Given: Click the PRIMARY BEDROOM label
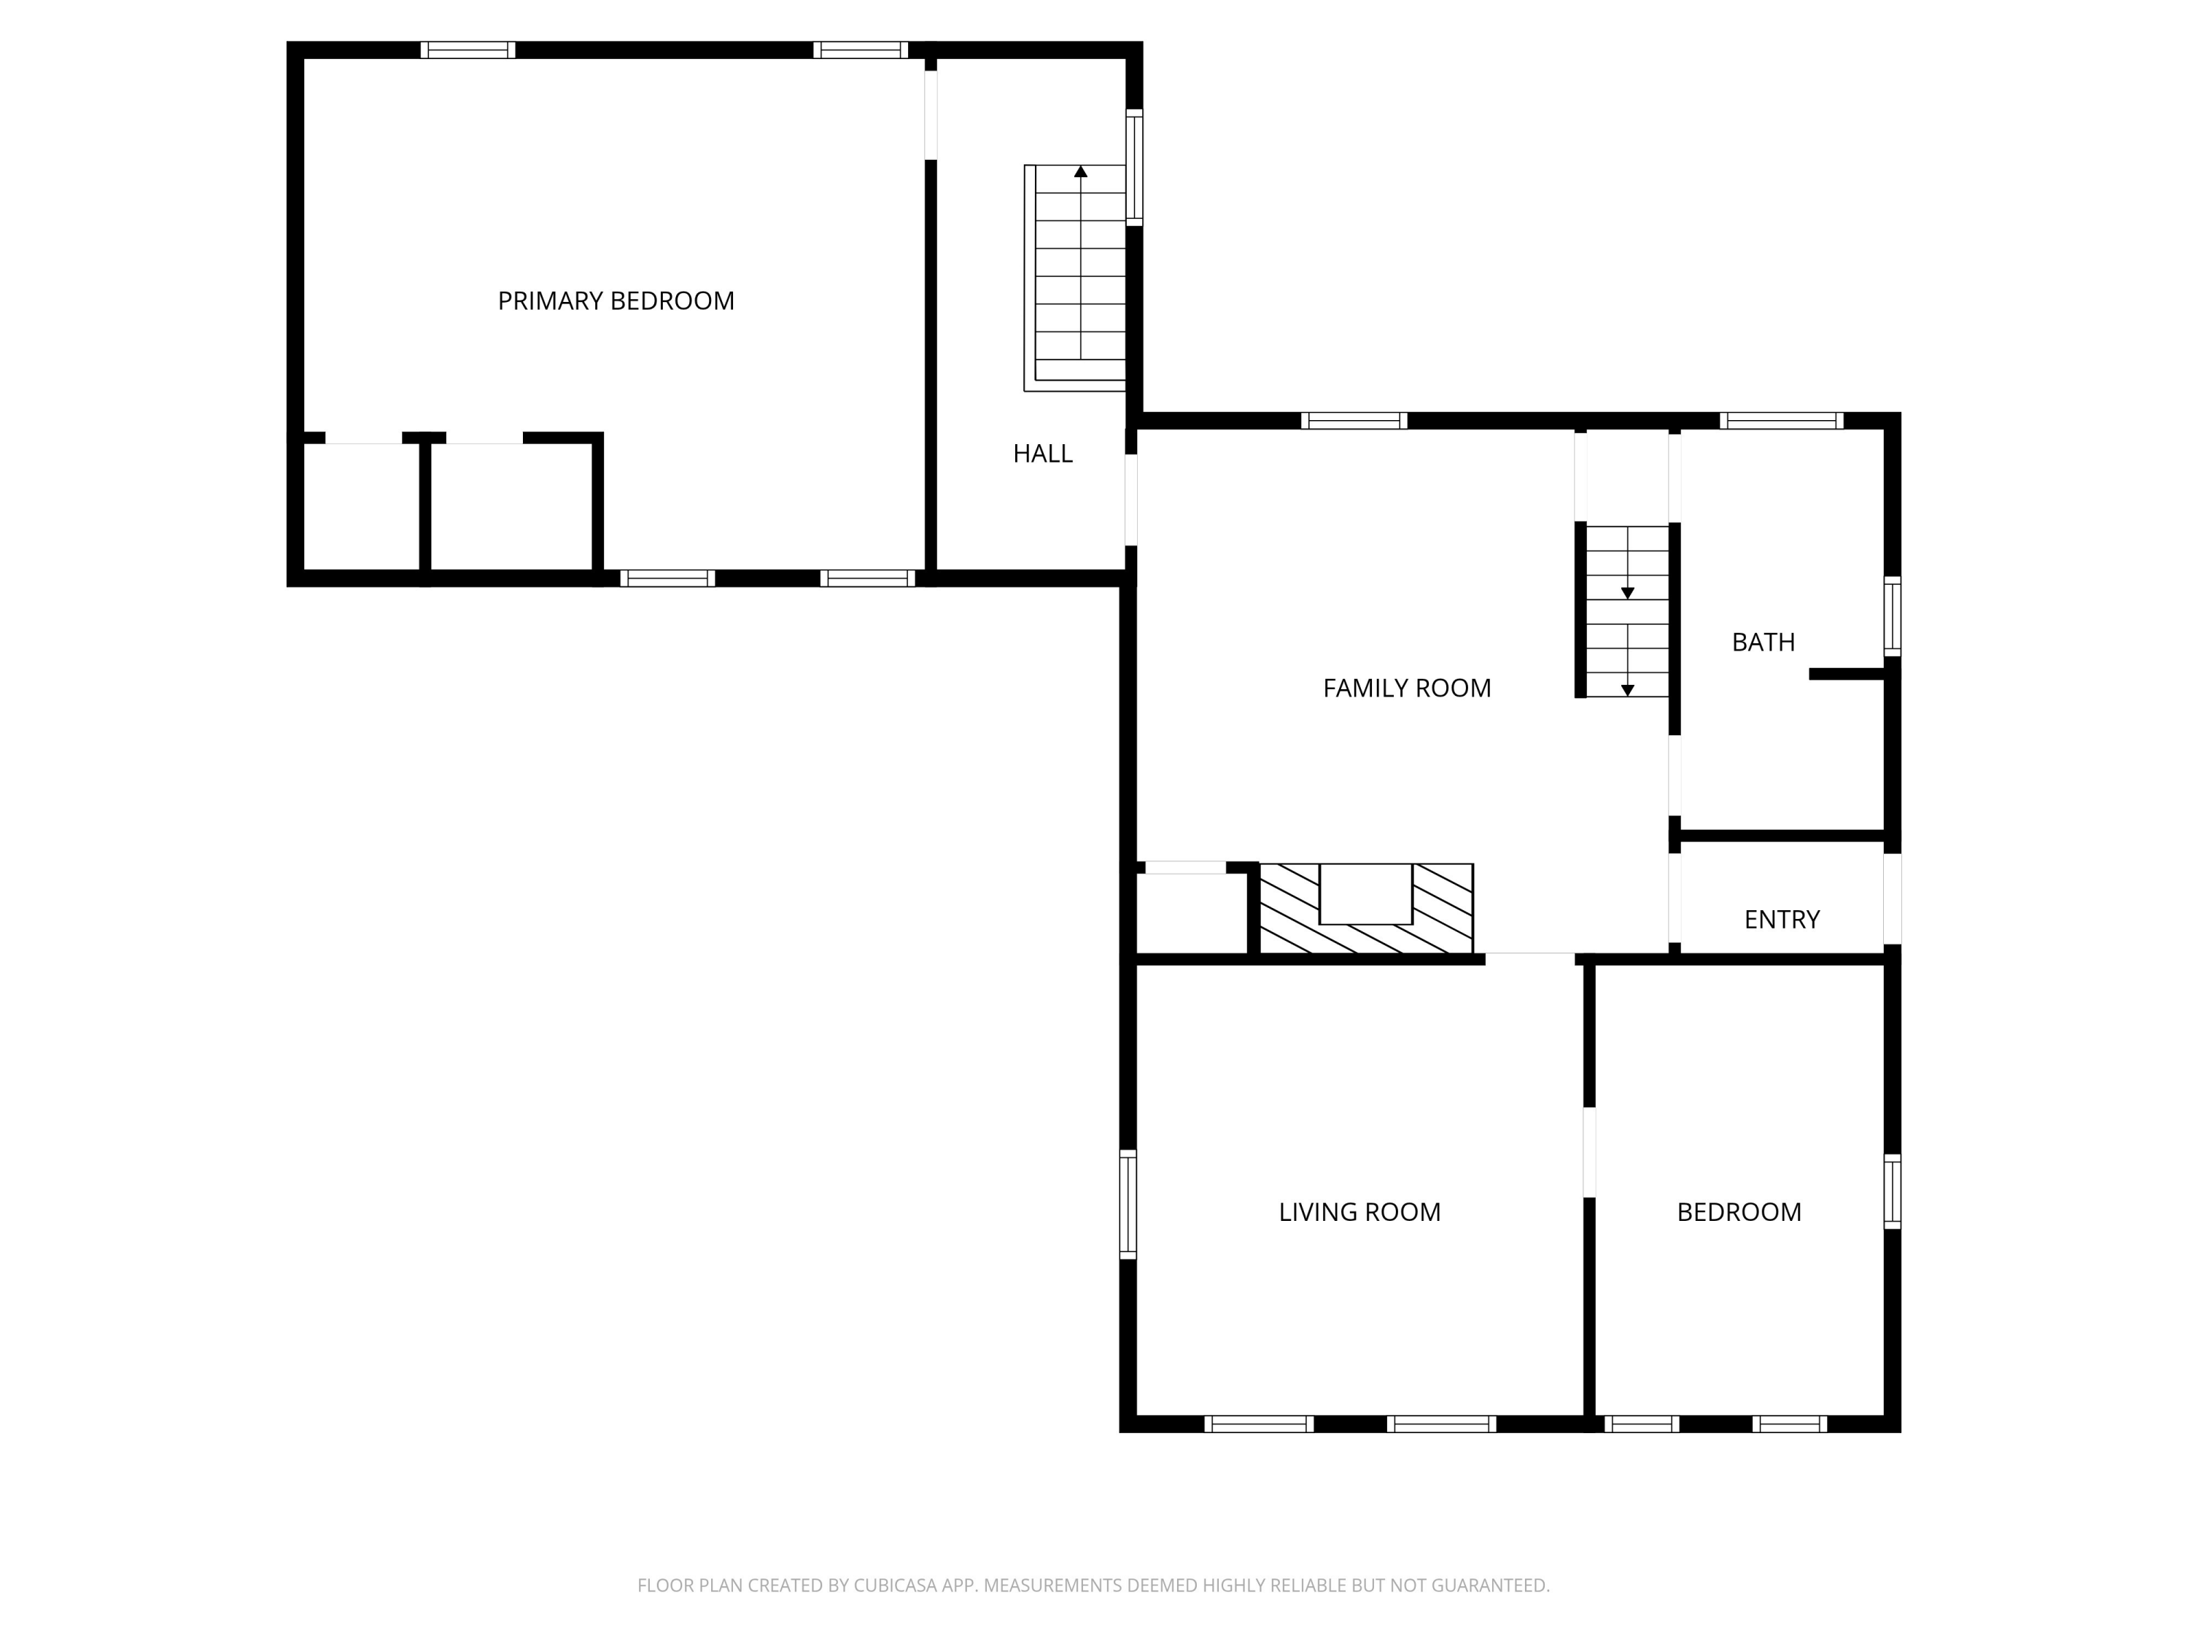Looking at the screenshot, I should [616, 300].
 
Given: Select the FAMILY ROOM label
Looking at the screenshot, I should [1407, 688].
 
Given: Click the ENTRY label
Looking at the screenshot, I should [1782, 920].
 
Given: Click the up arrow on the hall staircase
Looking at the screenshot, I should [1080, 172].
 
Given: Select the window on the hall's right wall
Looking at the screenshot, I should [1135, 167].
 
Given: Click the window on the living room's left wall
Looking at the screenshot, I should [1128, 1204].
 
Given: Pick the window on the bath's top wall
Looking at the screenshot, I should [1780, 420].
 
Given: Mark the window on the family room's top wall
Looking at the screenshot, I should [1353, 420].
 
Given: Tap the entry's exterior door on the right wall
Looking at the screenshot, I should [1891, 898].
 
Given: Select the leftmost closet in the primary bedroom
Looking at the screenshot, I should [361, 506].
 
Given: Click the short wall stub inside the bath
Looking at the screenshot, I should [1846, 675].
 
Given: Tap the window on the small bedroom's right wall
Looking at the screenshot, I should [1891, 1191].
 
